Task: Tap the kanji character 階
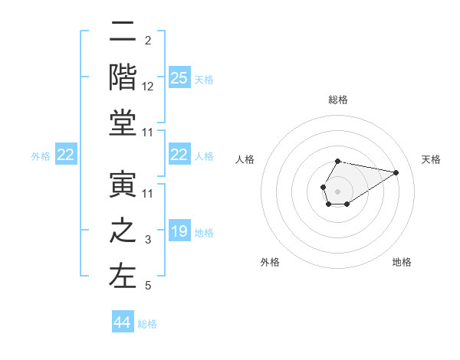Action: (x=123, y=76)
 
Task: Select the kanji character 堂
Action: (x=123, y=123)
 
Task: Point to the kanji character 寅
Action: (x=123, y=185)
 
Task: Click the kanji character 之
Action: (x=123, y=231)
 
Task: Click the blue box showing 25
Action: (x=179, y=77)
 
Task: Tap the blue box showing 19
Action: (x=179, y=231)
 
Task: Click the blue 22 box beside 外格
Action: (x=65, y=155)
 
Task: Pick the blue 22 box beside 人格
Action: (x=179, y=155)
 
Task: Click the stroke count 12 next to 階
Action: (x=148, y=87)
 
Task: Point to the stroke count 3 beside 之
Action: (x=148, y=241)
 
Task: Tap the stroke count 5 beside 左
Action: (x=148, y=286)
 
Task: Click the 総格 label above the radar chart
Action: (x=338, y=100)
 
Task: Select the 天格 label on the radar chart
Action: (x=431, y=159)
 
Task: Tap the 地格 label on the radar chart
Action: (x=402, y=262)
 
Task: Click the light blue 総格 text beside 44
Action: (x=147, y=324)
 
